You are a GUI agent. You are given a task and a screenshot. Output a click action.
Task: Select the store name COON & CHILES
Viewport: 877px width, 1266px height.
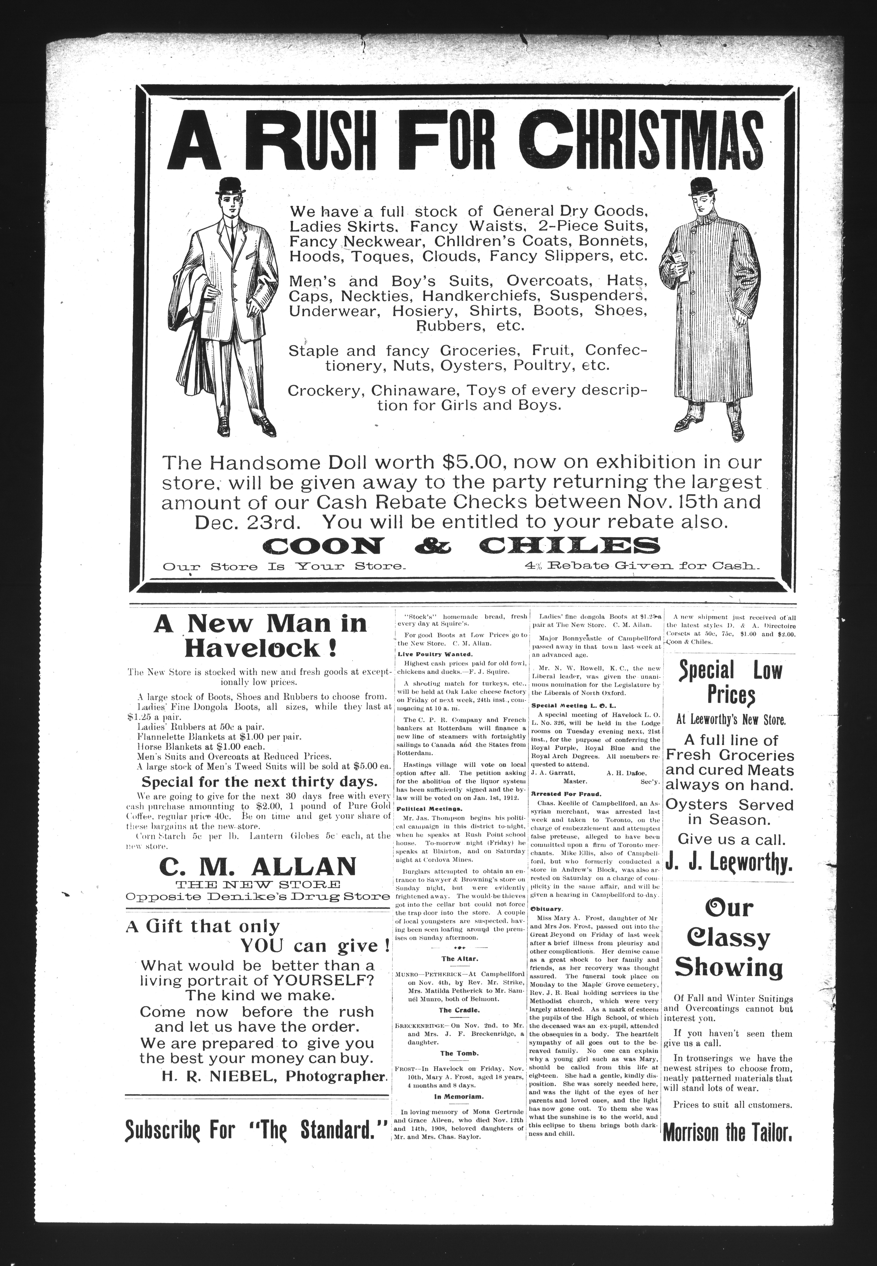click(x=462, y=545)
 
